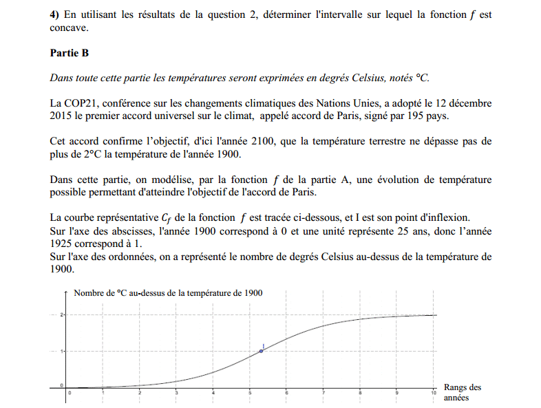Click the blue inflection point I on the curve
(x=261, y=351)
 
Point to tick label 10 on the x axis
(x=433, y=393)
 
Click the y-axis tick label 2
(x=62, y=314)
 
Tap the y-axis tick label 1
(x=62, y=351)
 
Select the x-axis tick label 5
(x=250, y=393)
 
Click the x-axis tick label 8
(x=360, y=393)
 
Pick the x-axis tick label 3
(x=177, y=393)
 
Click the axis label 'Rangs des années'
(x=463, y=392)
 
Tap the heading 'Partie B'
(x=70, y=53)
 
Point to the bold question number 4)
(x=55, y=14)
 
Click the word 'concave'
(x=70, y=28)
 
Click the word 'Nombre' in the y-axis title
(x=89, y=292)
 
